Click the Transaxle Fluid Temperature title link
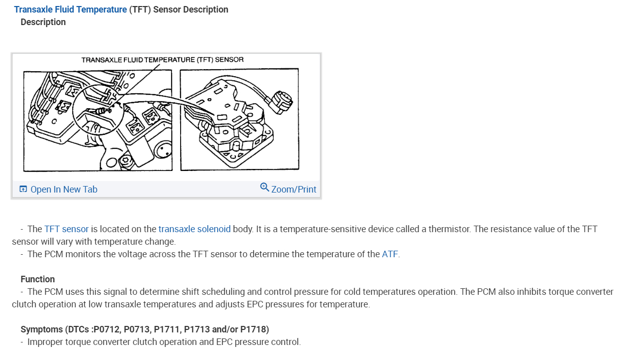coord(70,10)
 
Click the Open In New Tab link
coord(64,189)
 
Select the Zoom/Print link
coord(293,189)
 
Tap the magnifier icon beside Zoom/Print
coord(264,188)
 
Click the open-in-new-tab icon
coord(23,189)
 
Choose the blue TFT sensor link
coord(66,229)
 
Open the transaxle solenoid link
coord(195,229)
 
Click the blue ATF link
coord(390,254)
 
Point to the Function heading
coord(38,279)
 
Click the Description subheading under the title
coord(43,22)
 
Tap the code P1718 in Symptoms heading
coord(254,329)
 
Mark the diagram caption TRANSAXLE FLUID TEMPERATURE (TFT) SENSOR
coord(163,60)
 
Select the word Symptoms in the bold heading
coord(42,329)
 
